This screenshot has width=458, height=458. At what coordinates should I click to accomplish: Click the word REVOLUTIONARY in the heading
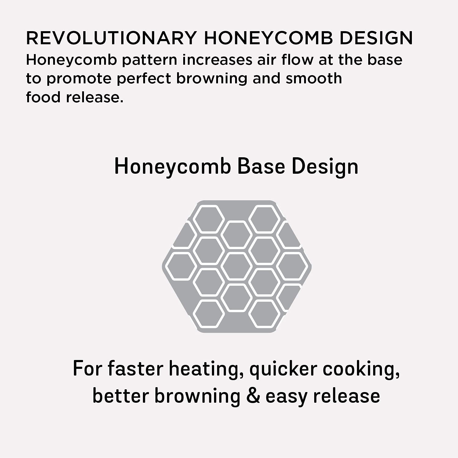click(x=111, y=38)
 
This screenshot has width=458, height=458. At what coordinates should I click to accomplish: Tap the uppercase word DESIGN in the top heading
click(x=376, y=38)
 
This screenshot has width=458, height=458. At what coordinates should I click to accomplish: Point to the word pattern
click(x=150, y=60)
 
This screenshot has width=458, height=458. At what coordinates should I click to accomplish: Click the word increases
click(x=217, y=60)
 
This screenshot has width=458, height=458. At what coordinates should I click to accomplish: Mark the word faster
click(x=135, y=369)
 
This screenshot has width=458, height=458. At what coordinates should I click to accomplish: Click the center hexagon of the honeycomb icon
click(x=237, y=266)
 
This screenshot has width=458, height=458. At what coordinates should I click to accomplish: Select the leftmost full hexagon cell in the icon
click(x=181, y=266)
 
